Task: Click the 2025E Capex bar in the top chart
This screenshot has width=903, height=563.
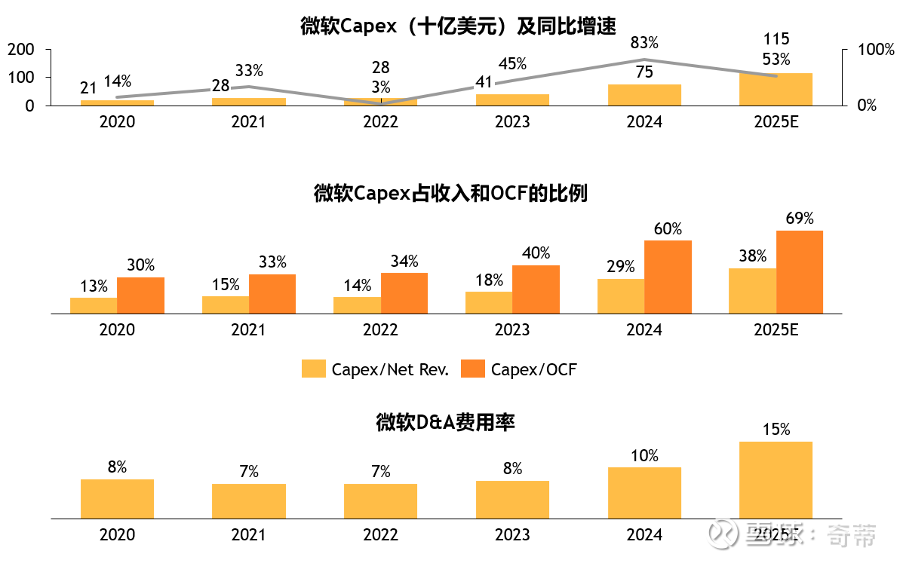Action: pyautogui.click(x=776, y=89)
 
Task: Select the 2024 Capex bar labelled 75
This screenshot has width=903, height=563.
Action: pyautogui.click(x=644, y=95)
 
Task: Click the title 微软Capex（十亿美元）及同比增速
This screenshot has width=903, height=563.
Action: pyautogui.click(x=458, y=26)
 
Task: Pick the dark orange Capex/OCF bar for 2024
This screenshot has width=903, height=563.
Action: pyautogui.click(x=668, y=277)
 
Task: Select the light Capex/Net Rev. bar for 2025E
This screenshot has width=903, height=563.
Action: pyautogui.click(x=752, y=290)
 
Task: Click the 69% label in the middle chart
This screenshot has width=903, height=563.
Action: pyautogui.click(x=800, y=219)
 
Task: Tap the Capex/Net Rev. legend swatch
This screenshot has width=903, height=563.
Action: pyautogui.click(x=312, y=369)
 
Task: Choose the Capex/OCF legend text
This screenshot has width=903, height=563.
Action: pyautogui.click(x=533, y=369)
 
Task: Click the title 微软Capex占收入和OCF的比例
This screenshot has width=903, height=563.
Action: pyautogui.click(x=450, y=194)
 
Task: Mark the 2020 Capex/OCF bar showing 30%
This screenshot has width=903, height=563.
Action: pyautogui.click(x=140, y=295)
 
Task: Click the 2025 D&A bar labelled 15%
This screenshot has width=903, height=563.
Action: pyautogui.click(x=776, y=479)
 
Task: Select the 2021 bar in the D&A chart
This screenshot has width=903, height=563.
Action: pyautogui.click(x=249, y=500)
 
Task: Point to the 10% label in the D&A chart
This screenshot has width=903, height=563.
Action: pyautogui.click(x=644, y=456)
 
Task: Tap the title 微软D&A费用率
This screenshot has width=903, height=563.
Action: pyautogui.click(x=445, y=423)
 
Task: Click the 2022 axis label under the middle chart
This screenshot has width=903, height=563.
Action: pyautogui.click(x=380, y=330)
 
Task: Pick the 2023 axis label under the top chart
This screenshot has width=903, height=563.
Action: pyautogui.click(x=512, y=122)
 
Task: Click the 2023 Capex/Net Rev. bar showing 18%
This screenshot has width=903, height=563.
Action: pyautogui.click(x=489, y=302)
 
